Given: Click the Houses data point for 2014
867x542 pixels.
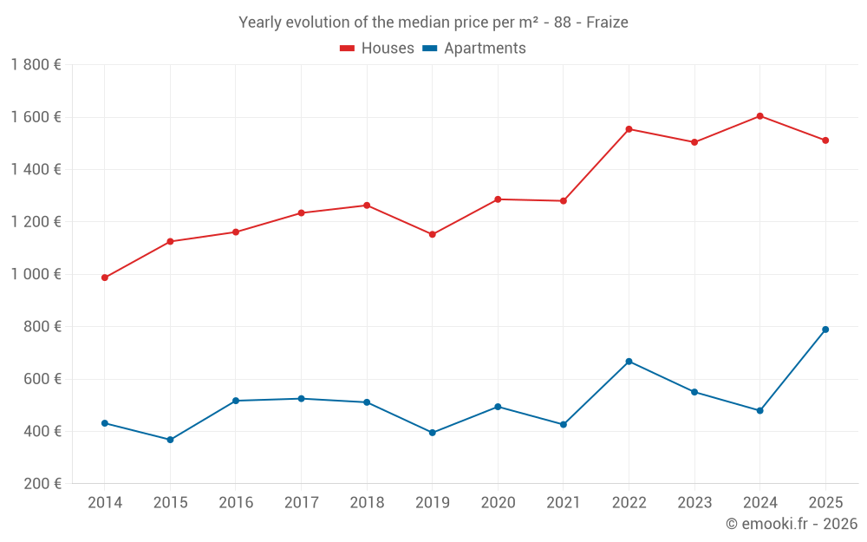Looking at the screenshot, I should (104, 278).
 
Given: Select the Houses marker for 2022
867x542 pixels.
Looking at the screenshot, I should (629, 129).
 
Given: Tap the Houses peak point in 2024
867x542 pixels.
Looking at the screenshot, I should (759, 115).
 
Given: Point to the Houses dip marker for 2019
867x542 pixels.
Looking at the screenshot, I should (432, 234).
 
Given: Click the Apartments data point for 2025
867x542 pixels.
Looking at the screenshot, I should (825, 330).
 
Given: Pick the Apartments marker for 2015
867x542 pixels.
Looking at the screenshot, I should (170, 440).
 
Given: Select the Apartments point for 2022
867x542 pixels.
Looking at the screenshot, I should (629, 362).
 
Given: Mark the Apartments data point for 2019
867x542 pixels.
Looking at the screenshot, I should (432, 433).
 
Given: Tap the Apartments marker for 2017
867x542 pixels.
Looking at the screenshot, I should (301, 399).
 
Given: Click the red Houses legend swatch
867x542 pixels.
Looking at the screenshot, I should (347, 49).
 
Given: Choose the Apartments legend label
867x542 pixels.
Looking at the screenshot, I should (485, 49).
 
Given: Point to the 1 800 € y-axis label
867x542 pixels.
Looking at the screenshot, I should (36, 65).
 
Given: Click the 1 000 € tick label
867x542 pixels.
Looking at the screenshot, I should (36, 274).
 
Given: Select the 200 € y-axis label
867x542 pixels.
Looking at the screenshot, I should (40, 484).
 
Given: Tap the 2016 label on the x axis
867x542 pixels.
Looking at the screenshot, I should (236, 503).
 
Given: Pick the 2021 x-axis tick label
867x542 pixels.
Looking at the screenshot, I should (564, 503).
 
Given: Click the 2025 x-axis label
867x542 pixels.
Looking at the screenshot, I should (825, 503).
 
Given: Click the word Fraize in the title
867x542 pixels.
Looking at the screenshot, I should (607, 23).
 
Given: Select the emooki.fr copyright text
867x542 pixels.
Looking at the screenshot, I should (792, 524).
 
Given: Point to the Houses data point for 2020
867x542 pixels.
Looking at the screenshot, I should (498, 199).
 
